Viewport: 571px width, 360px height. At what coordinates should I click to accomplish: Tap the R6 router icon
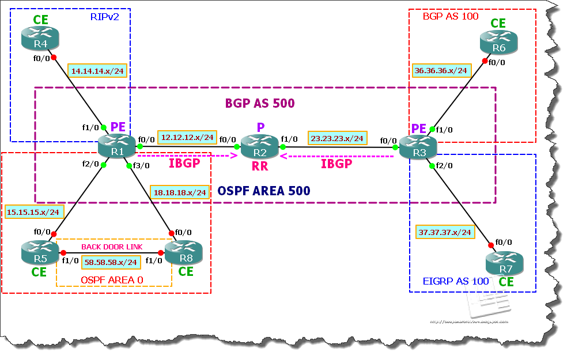coord(499,43)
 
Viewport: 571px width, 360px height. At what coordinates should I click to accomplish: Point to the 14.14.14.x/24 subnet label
coord(97,71)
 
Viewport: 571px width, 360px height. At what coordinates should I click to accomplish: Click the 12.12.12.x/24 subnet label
coord(188,137)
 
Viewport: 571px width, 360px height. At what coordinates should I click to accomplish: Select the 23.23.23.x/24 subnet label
coord(337,138)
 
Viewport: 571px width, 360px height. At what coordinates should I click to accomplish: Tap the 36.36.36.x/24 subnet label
coord(441,71)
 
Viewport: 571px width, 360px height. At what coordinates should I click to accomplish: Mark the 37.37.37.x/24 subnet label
coord(444,232)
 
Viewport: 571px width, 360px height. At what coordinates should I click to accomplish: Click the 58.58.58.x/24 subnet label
coord(110,262)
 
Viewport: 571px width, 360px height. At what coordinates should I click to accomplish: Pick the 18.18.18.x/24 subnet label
coord(180,192)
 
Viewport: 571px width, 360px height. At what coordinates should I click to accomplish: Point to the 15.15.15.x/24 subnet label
coord(33,211)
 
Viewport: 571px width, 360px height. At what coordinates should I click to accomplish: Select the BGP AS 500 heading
coord(259,104)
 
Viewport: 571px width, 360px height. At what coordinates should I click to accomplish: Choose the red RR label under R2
coord(260,167)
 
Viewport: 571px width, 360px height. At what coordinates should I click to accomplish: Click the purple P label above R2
coord(260,127)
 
